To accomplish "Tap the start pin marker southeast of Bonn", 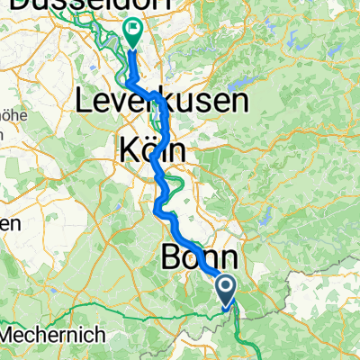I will tap(226, 289).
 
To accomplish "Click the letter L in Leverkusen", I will tap(89, 102).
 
